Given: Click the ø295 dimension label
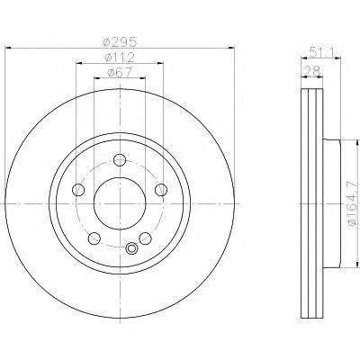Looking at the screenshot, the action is pos(120,42).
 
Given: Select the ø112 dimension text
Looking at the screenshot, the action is pos(120,58).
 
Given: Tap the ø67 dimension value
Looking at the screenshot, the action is pos(120,72).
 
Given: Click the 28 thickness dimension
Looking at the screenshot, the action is pos(312,72).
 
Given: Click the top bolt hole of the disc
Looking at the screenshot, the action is pos(120,159).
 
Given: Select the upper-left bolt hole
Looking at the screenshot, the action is pos(78,190).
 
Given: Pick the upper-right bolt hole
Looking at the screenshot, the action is pos(161,190).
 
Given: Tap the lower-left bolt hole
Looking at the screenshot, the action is pos(94,238).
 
